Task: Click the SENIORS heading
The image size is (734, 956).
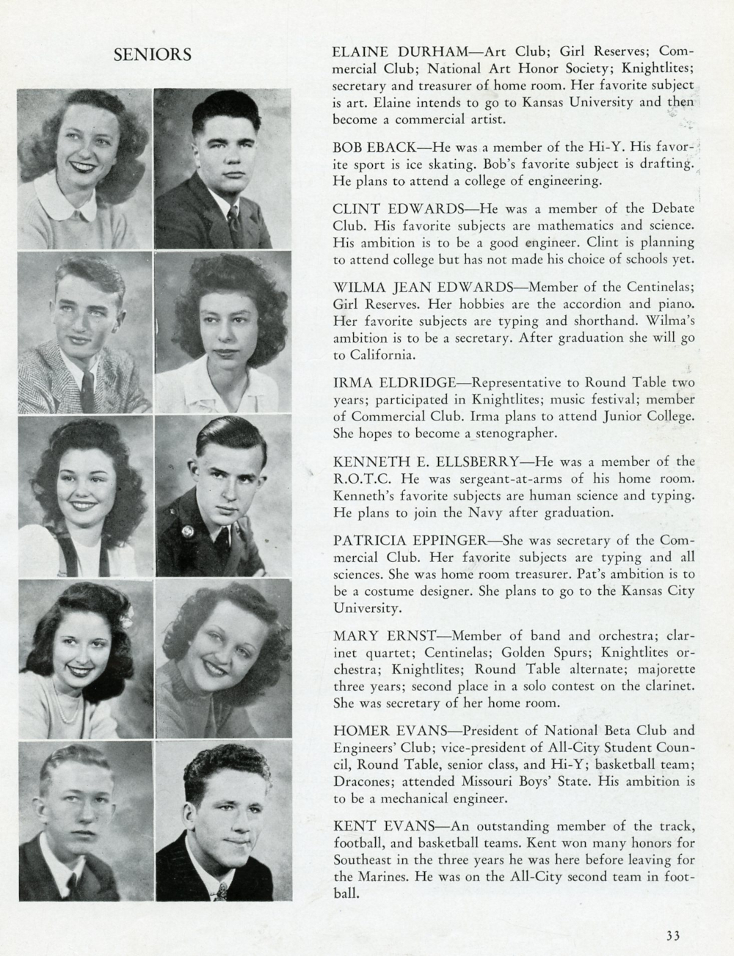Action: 153,55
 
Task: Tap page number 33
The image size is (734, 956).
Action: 673,935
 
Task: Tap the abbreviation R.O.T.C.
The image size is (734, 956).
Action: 359,478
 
